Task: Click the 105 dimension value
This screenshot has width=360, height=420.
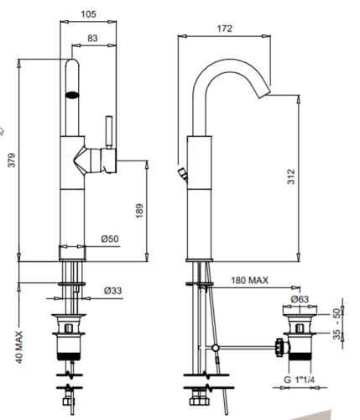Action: click(x=88, y=14)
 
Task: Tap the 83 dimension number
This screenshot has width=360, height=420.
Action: click(x=92, y=38)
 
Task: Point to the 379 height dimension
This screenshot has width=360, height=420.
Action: click(x=12, y=160)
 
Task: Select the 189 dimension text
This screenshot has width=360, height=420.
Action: click(x=139, y=211)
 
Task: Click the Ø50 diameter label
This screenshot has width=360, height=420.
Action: click(x=110, y=239)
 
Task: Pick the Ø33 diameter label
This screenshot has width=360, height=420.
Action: click(x=113, y=291)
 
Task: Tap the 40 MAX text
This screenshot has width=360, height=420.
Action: click(x=19, y=347)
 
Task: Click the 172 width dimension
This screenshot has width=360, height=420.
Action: click(x=224, y=29)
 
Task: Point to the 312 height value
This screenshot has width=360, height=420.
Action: click(x=291, y=176)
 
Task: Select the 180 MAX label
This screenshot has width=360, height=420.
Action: click(x=249, y=281)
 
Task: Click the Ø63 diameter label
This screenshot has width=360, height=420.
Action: click(x=300, y=299)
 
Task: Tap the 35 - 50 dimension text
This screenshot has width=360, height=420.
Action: click(x=337, y=324)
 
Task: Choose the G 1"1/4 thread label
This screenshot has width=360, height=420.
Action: click(x=300, y=380)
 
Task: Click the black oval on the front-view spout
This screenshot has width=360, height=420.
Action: click(x=72, y=95)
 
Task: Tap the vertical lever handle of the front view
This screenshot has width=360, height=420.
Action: click(x=109, y=132)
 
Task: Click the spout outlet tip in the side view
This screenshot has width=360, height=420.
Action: click(x=264, y=94)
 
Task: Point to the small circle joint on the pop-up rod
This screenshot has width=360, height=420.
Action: click(x=215, y=348)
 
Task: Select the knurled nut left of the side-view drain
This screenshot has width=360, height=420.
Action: click(x=279, y=347)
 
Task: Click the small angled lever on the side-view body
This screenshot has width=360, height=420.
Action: click(x=183, y=175)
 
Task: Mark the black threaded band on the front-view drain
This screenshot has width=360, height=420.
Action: click(x=69, y=356)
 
